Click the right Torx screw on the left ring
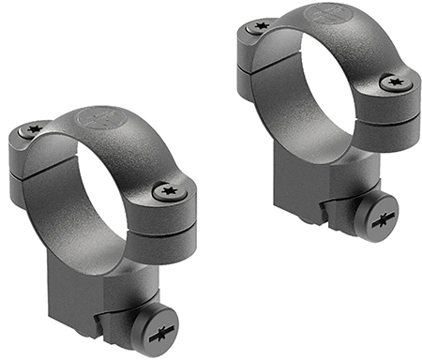(x=170, y=191)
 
